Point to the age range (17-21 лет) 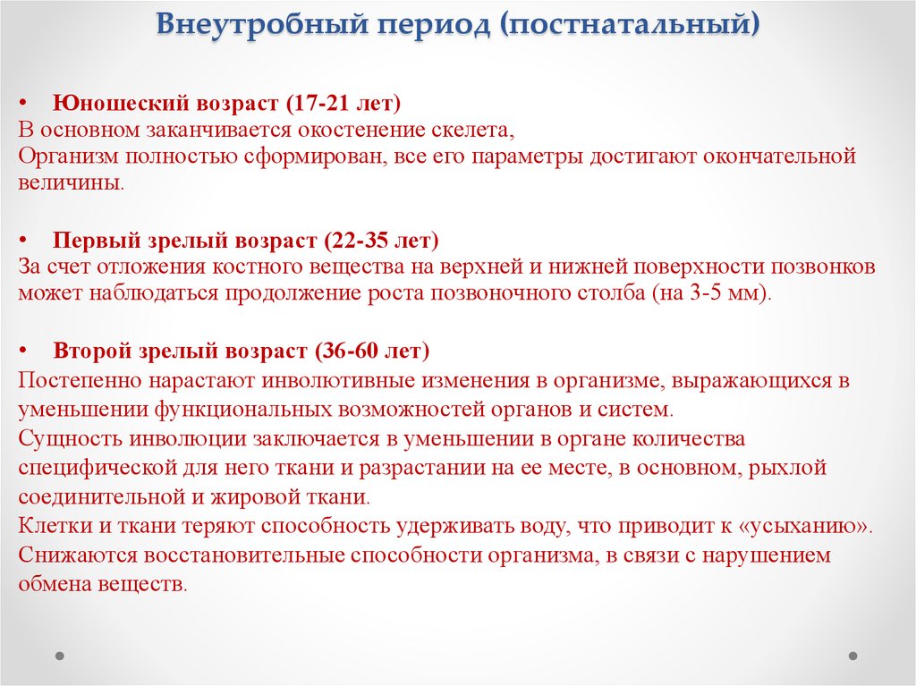335,101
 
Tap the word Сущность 70,438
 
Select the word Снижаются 72,555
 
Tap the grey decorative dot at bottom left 61,655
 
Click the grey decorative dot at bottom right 853,655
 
